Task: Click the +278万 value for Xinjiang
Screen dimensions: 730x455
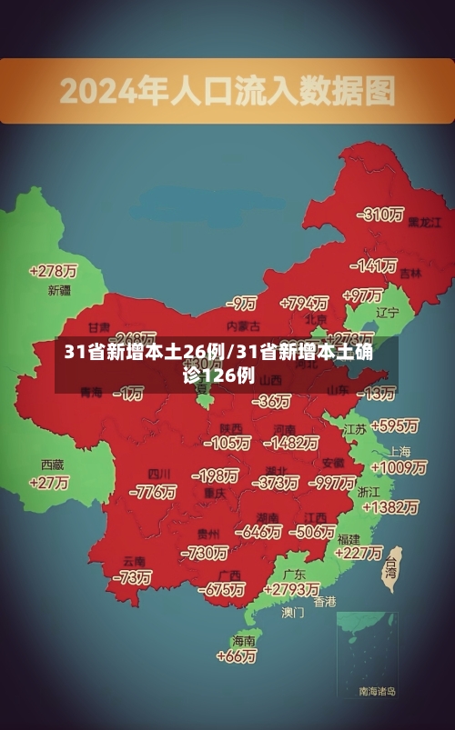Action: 53,270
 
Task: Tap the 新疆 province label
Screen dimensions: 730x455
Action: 59,291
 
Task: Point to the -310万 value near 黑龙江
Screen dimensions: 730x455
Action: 381,215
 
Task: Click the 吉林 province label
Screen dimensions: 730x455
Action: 410,273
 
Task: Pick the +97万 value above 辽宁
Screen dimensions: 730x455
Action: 362,295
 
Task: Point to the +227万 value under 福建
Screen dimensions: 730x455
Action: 359,552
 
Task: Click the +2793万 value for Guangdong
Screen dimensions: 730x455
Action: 289,589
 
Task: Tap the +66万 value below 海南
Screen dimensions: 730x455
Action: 238,655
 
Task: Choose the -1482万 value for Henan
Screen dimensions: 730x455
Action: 290,443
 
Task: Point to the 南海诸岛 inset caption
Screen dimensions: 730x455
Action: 377,692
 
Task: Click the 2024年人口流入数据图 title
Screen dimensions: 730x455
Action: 227,90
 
